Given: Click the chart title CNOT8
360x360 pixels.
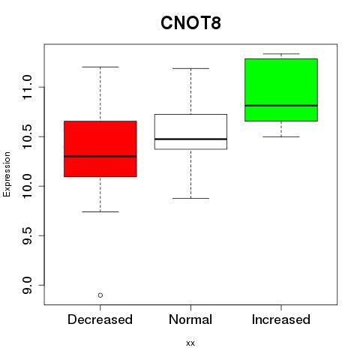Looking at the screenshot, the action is click(x=190, y=23).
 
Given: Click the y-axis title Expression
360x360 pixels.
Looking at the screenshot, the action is click(x=7, y=174).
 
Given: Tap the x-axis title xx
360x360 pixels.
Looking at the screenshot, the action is click(x=190, y=343).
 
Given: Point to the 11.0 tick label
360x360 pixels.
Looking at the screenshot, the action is click(x=27, y=87).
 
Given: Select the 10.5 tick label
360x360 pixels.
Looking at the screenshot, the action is click(x=27, y=136).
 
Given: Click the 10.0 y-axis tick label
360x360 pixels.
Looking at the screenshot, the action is click(x=27, y=186).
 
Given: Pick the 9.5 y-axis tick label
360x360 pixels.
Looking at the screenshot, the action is click(x=27, y=235).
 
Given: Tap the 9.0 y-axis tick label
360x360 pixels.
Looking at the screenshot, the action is click(x=27, y=285).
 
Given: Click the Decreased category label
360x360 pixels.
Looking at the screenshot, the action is click(x=100, y=319).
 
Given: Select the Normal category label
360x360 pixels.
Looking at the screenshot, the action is click(x=190, y=319).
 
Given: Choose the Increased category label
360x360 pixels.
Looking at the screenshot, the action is click(x=281, y=319).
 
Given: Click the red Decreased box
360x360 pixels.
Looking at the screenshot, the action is click(x=100, y=149).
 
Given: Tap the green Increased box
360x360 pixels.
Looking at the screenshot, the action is click(x=281, y=90).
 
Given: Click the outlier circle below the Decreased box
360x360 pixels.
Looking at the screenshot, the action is click(x=100, y=295).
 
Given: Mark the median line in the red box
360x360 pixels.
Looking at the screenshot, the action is click(x=100, y=157).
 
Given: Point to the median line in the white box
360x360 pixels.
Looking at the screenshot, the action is click(x=190, y=139).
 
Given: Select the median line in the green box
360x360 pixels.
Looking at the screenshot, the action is click(x=281, y=106).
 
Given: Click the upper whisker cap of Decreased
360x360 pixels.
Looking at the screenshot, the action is click(x=100, y=67).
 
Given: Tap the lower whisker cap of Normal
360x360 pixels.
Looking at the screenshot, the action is click(x=190, y=198).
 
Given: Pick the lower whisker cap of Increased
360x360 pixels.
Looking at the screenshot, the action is click(x=281, y=136).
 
